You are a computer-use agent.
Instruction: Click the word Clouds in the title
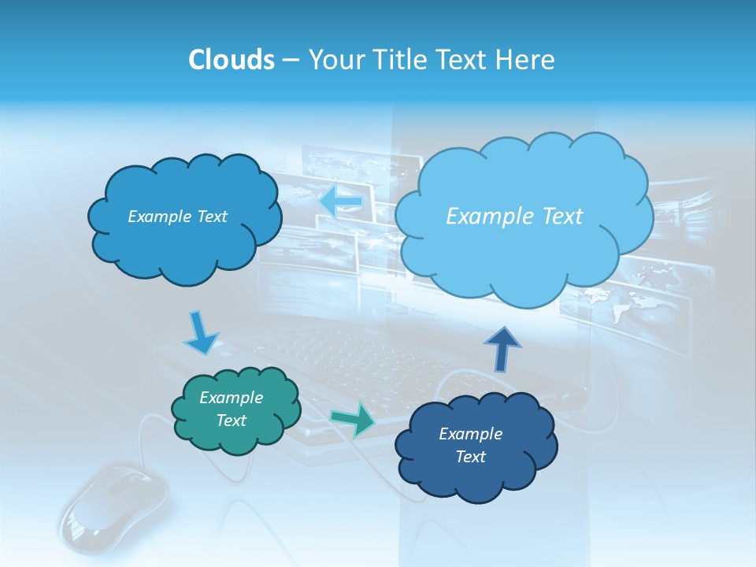point(231,60)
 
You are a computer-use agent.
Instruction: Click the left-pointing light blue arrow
point(341,202)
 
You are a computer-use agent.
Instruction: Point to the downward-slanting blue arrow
point(201,332)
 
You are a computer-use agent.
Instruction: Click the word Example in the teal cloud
point(232,398)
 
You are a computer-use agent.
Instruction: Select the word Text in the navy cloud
point(471,457)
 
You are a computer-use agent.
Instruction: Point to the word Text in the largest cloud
point(556,217)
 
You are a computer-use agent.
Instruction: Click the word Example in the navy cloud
point(470,434)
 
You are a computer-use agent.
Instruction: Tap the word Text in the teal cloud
point(232,421)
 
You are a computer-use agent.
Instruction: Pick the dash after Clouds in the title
point(289,61)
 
